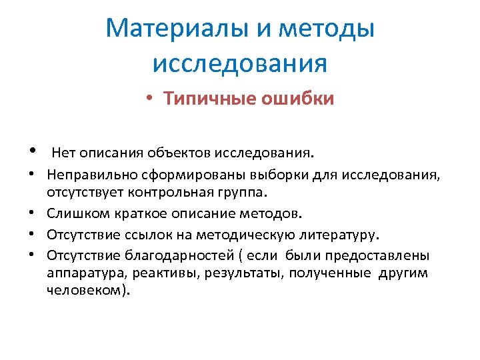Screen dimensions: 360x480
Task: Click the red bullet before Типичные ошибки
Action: (x=151, y=99)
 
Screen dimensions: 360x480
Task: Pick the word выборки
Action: (x=271, y=176)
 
